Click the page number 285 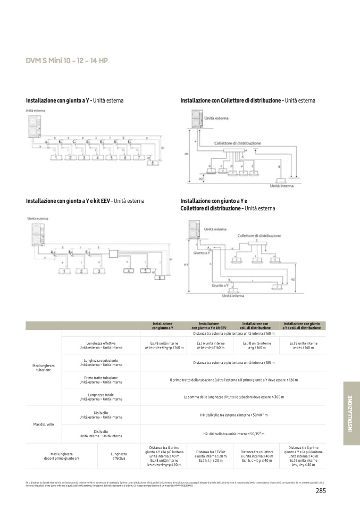pos(320,490)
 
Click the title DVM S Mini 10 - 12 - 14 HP pos(67,61)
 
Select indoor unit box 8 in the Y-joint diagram pos(154,163)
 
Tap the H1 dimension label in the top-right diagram pos(186,155)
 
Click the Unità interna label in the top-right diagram pos(282,186)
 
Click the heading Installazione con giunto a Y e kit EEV pos(85,201)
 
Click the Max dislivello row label pos(44,424)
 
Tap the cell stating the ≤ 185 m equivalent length pos(233,362)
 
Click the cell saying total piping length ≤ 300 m pos(233,396)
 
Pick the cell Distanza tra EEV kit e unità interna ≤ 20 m pos(211,455)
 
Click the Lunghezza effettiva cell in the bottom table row pos(119,455)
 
